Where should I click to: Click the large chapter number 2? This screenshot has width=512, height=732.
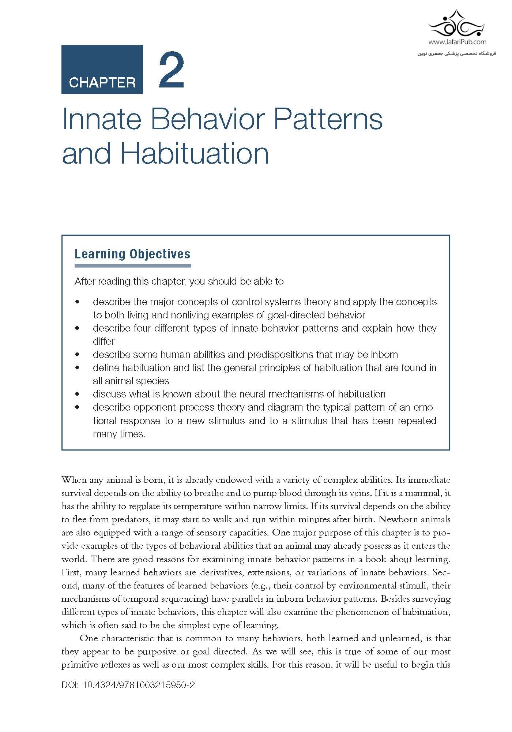point(171,71)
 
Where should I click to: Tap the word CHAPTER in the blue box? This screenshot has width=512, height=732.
point(102,82)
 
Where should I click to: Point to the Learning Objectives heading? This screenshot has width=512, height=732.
point(132,254)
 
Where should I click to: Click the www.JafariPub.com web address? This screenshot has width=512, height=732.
point(457,42)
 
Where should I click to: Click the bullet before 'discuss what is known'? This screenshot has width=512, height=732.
point(77,394)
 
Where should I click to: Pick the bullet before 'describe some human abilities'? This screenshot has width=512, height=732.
point(77,355)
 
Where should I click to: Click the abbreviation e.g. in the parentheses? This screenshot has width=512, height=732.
point(260,586)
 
